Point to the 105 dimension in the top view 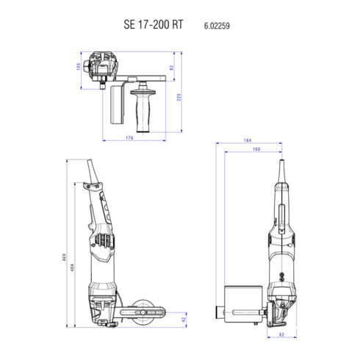(77, 67)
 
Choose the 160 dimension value (255, 150)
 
